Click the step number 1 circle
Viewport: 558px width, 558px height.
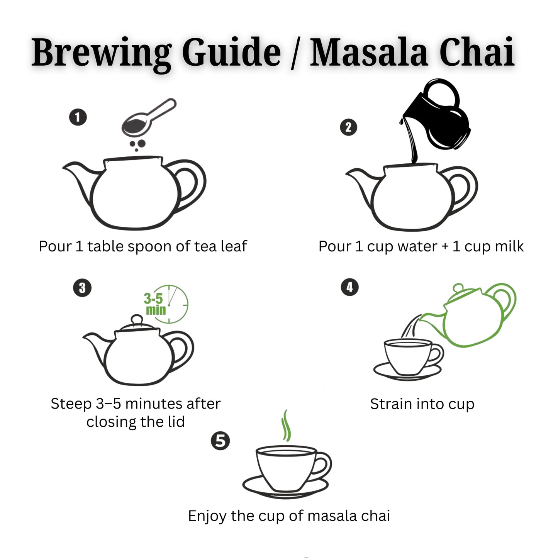(78, 117)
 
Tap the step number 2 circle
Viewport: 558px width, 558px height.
(348, 127)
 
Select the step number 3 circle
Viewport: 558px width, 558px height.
(82, 288)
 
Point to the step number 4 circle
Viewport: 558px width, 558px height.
(350, 287)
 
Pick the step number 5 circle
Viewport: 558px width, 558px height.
(220, 441)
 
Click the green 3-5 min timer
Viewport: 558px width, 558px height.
(166, 304)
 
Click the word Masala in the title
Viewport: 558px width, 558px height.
(369, 53)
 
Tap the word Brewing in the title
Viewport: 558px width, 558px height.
(102, 53)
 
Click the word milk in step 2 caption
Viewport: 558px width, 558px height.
(509, 246)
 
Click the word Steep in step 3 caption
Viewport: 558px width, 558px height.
(71, 404)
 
